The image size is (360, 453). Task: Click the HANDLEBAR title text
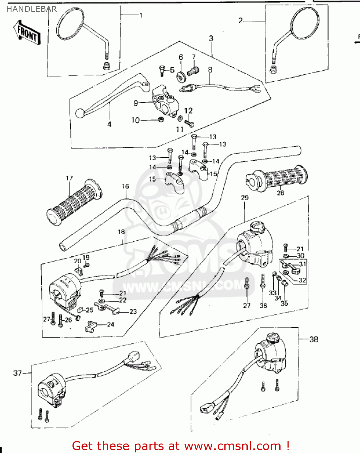pyautogui.click(x=31, y=9)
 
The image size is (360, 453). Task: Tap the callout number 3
pyautogui.click(x=211, y=38)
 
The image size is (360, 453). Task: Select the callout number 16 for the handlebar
pyautogui.click(x=125, y=186)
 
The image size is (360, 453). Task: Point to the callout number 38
pyautogui.click(x=314, y=339)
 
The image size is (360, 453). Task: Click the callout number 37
pyautogui.click(x=18, y=373)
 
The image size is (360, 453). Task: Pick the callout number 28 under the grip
pyautogui.click(x=280, y=193)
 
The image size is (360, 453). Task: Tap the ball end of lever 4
pyautogui.click(x=80, y=113)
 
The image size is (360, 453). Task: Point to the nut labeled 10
pyautogui.click(x=161, y=120)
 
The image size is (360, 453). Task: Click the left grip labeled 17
pyautogui.click(x=74, y=202)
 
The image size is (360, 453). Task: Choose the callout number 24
pyautogui.click(x=111, y=324)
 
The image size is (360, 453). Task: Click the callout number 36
pyautogui.click(x=263, y=306)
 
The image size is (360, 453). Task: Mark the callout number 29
pyautogui.click(x=245, y=198)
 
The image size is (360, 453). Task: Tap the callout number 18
pyautogui.click(x=121, y=232)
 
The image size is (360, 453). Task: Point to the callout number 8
pyautogui.click(x=210, y=70)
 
